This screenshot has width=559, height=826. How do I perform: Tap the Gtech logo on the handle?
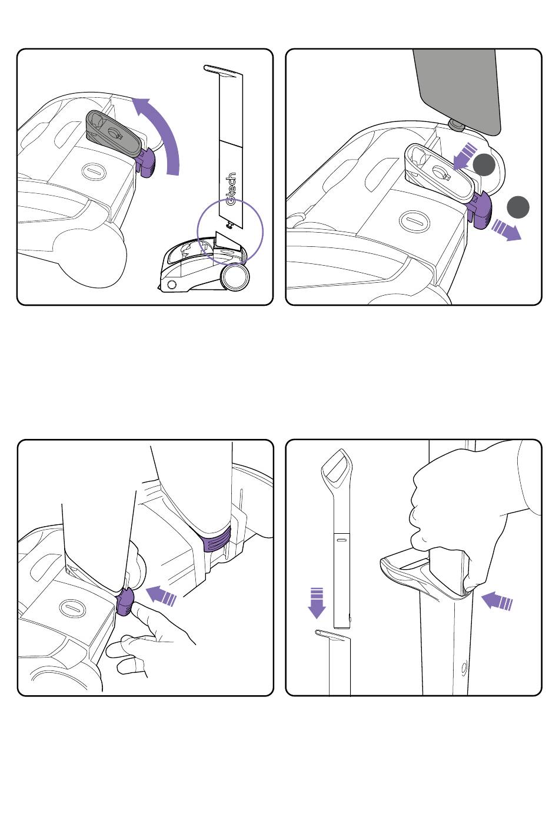coord(231,189)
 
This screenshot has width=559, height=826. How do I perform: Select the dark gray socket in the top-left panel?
coord(114,133)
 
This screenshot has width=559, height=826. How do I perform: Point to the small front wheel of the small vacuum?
coord(171,285)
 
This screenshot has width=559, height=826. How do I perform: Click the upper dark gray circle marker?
coord(484,164)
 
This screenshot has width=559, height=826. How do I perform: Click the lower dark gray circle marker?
coord(518,207)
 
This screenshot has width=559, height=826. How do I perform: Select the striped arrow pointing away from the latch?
coord(507,230)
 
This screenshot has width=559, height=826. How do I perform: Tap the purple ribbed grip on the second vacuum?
coord(217,539)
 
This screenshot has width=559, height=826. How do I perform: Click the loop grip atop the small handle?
coord(336,469)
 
